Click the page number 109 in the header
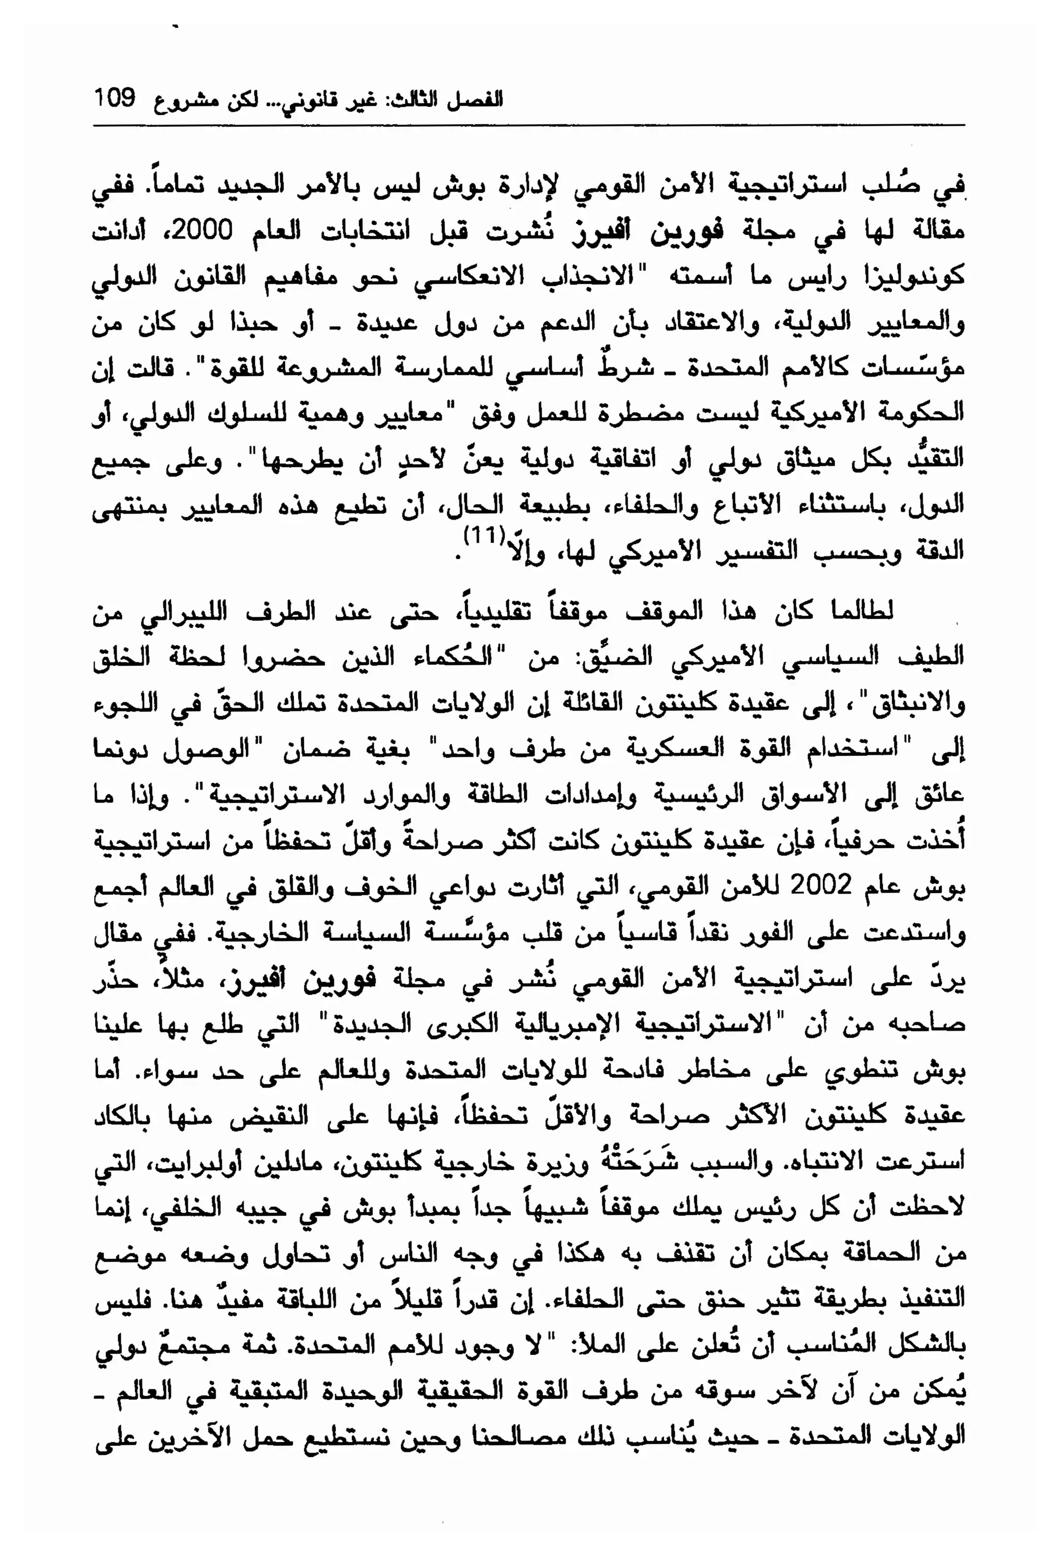(x=114, y=98)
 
